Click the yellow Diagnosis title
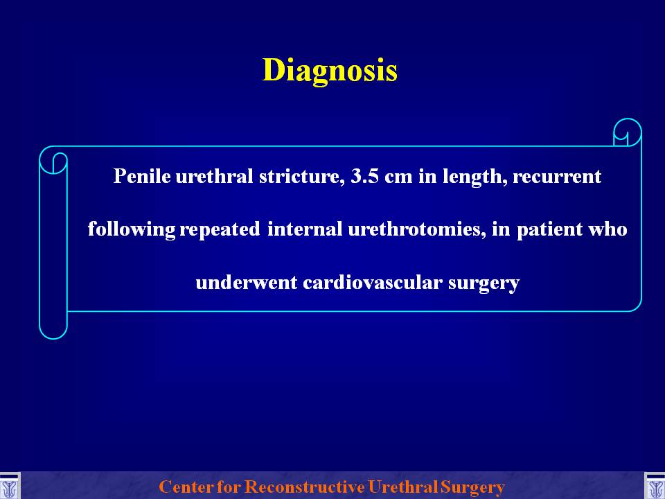330,70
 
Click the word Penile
141,175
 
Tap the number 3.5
365,176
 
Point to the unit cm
398,178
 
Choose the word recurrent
557,177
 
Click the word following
132,229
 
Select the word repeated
220,230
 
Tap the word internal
305,229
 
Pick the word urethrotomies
416,229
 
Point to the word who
608,229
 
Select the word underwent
246,283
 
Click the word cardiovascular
373,283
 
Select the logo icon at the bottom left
9,487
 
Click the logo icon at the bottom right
655,487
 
